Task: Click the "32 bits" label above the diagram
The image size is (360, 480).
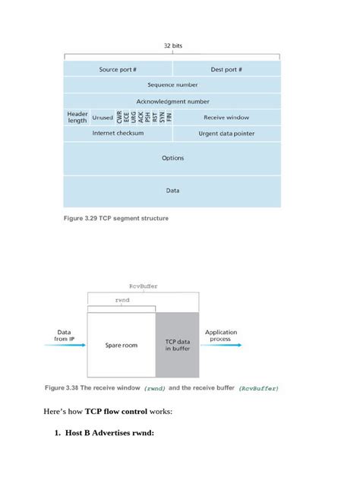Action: coord(172,46)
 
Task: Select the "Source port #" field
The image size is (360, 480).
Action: coord(118,69)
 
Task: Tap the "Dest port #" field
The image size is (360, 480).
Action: coord(226,69)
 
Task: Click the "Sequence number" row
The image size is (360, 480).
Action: coord(172,85)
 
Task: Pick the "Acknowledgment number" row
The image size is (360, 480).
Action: coord(172,101)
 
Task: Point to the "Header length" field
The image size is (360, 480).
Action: coord(77,117)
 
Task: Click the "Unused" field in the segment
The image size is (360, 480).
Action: coord(103,118)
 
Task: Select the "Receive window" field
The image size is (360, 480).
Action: coord(226,118)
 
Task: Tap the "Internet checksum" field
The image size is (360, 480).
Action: coord(118,133)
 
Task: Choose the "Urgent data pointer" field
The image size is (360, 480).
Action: coord(226,134)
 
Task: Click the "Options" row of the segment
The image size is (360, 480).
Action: coord(172,158)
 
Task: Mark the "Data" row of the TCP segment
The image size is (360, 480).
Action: coord(172,191)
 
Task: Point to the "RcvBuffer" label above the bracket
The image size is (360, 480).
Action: coord(143,286)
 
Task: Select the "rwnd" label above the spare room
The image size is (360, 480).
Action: coord(122,301)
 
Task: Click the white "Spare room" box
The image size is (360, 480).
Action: coord(121,345)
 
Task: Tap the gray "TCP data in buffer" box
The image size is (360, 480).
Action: coord(177,345)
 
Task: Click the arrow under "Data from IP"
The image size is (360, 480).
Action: coord(64,346)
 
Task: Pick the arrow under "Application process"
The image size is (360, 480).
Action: coord(223,346)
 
